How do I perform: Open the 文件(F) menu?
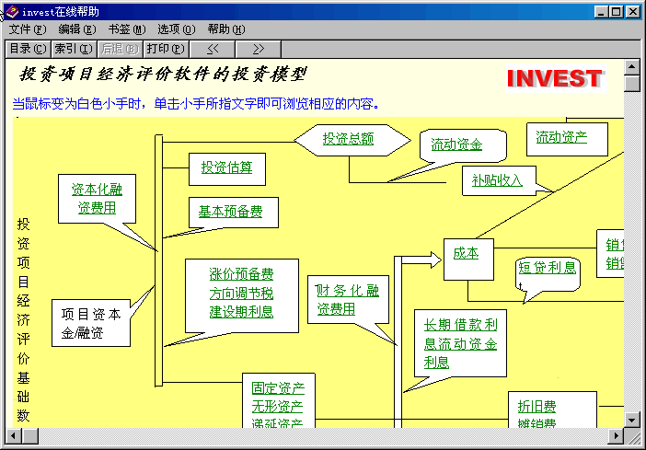[x=27, y=29]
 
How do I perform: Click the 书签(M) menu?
[x=126, y=29]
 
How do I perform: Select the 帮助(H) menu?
[x=225, y=29]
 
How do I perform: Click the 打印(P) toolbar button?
[x=165, y=49]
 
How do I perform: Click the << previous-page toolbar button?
[x=212, y=49]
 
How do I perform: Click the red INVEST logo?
[x=554, y=79]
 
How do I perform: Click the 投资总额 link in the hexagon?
[x=348, y=139]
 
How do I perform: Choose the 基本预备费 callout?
[x=231, y=212]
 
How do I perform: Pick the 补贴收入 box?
[x=497, y=180]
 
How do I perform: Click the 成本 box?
[x=467, y=253]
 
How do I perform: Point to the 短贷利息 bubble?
[x=547, y=268]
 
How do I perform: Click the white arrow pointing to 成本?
[x=421, y=261]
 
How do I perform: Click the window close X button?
[x=633, y=11]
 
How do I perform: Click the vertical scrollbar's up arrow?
[x=631, y=67]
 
